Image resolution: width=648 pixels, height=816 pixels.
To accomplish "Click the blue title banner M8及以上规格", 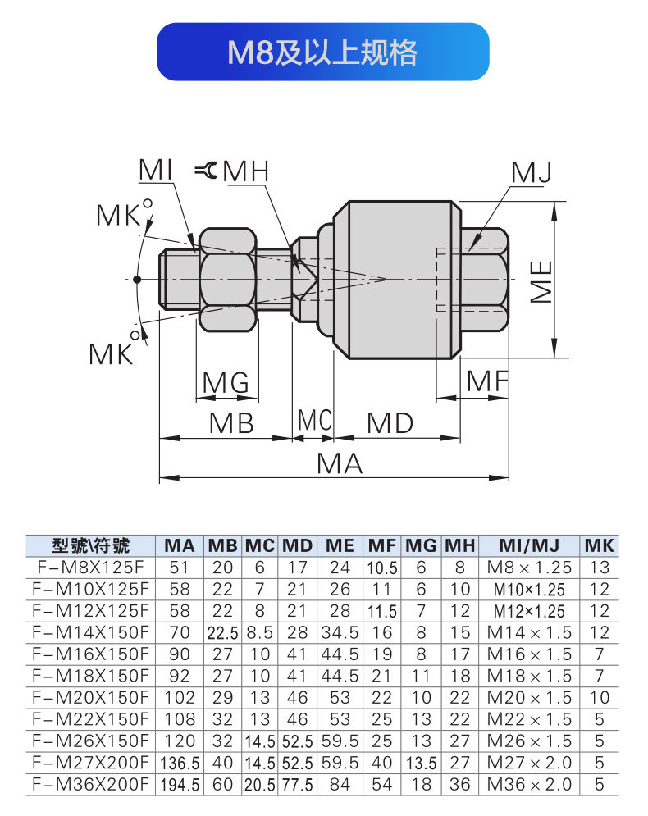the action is pos(322,52).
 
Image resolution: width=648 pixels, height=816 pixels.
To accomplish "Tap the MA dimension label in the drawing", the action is pos(340,463).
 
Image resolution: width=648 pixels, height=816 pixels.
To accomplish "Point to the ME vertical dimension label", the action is pos(541,281).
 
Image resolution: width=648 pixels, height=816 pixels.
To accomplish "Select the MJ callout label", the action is pos(531,173).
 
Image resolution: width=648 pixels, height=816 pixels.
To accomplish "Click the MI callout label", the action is pos(156,171).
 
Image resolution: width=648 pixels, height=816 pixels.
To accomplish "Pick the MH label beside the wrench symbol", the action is pos(246,171).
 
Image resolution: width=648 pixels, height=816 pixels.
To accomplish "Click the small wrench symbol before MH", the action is pos(207,171).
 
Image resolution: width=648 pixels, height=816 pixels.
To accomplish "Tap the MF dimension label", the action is pos(486,381).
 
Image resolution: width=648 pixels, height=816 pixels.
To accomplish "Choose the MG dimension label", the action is pos(226,383).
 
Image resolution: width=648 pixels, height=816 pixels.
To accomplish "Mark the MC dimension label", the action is pos(315,420).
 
